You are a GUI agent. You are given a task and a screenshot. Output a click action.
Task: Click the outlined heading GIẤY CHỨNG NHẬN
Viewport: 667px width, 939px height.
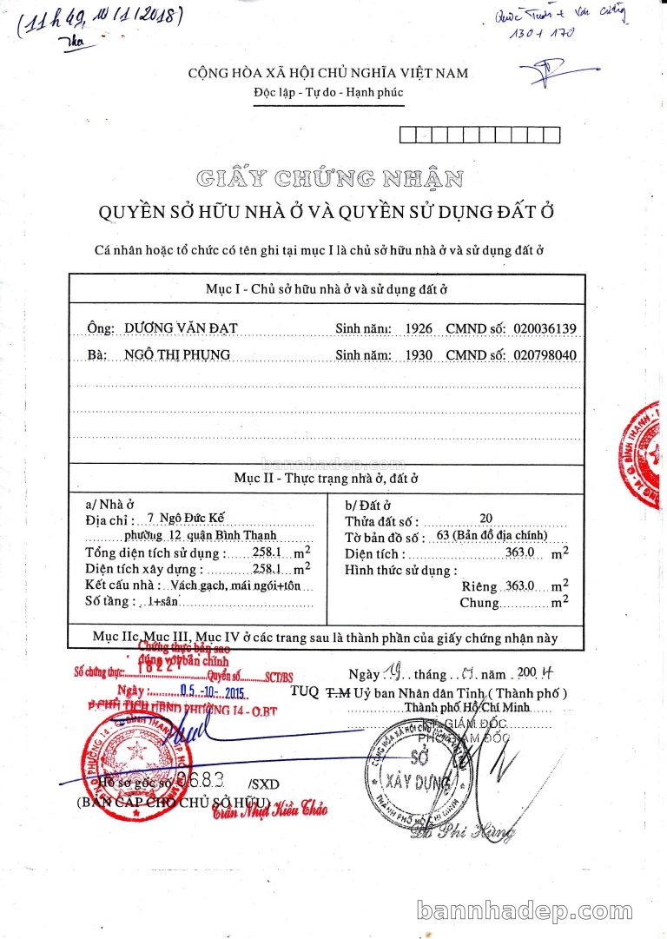point(329,180)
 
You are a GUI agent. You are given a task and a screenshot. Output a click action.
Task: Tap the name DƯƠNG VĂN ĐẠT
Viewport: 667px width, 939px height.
point(181,327)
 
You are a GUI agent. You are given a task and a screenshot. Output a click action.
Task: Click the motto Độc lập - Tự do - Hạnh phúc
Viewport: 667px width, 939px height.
point(328,93)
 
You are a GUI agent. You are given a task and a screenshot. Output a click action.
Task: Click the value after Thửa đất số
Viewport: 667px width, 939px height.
point(485,519)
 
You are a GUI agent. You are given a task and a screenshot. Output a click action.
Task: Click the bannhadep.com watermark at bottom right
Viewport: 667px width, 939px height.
point(537,910)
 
